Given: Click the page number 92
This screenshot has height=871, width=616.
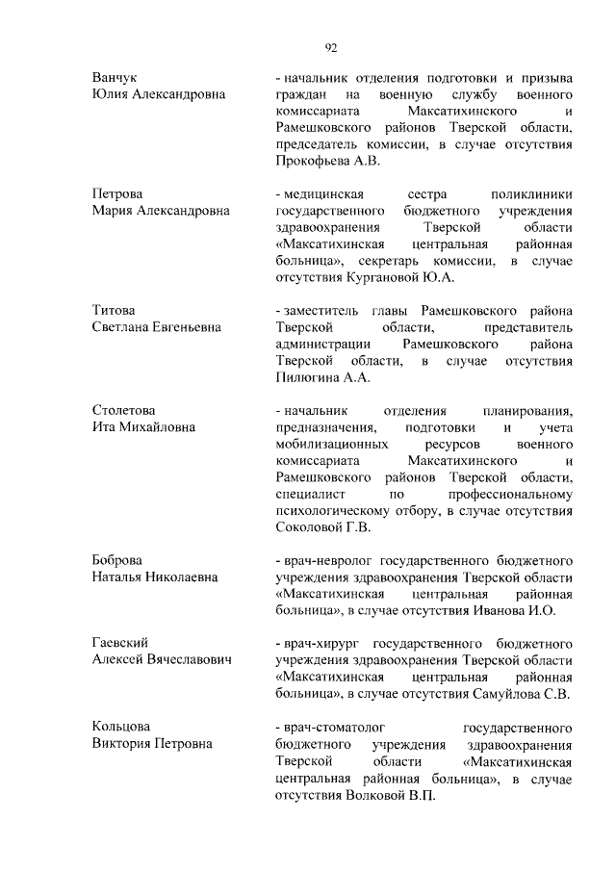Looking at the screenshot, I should point(330,44).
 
